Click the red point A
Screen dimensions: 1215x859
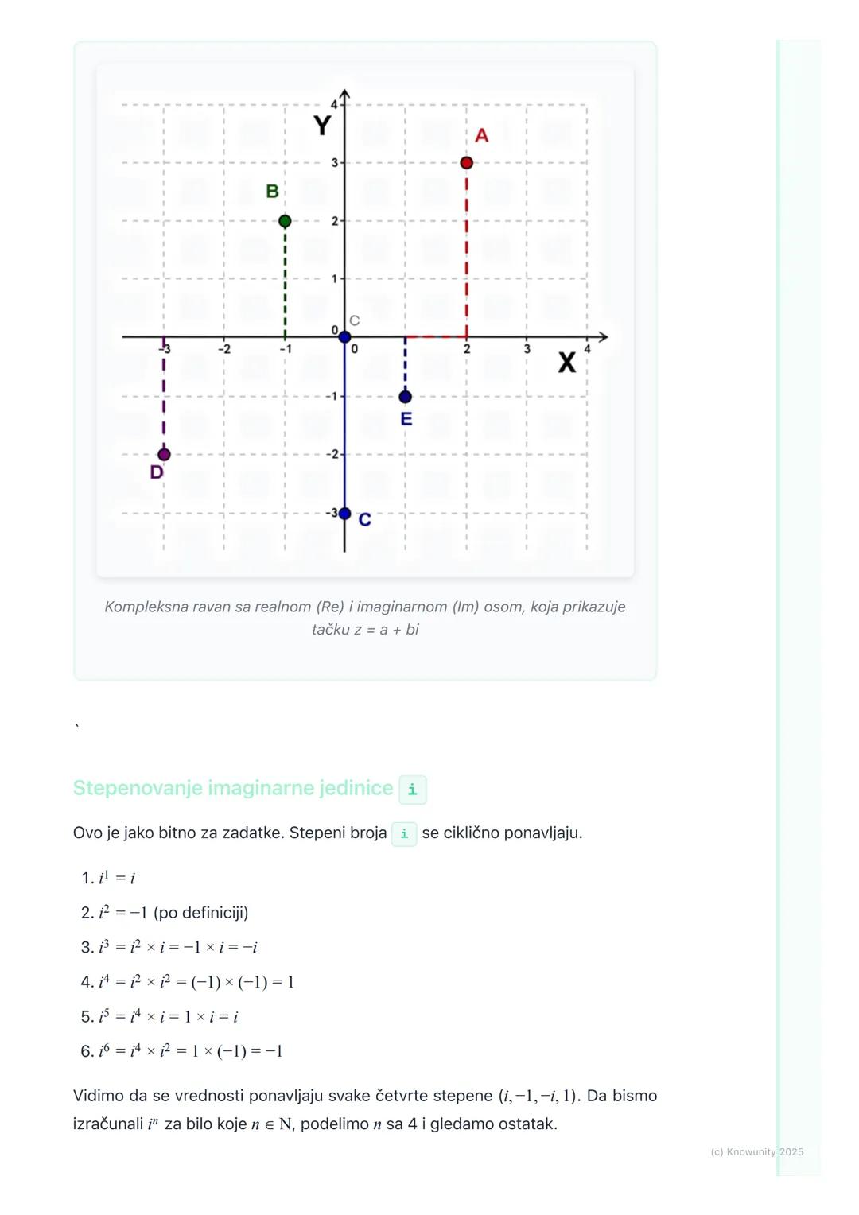[x=467, y=163]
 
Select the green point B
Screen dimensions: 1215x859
[x=286, y=221]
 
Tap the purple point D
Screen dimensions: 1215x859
[x=164, y=455]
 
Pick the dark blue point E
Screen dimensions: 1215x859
[x=406, y=396]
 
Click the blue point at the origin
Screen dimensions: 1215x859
[x=344, y=337]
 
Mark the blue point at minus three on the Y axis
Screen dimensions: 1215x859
[x=344, y=514]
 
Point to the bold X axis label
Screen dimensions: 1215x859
[x=566, y=363]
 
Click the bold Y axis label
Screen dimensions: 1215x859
[x=322, y=126]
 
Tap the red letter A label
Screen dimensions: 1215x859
[x=481, y=136]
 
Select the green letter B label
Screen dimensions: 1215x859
[x=272, y=192]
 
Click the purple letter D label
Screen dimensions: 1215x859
[x=157, y=472]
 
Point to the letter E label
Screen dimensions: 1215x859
[x=406, y=419]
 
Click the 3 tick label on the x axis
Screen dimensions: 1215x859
[x=527, y=349]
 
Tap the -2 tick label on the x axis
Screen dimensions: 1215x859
[x=224, y=349]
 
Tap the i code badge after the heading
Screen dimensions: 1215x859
[x=412, y=790]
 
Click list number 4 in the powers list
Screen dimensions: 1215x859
[x=87, y=982]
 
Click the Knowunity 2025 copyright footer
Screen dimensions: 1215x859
[x=756, y=1151]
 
